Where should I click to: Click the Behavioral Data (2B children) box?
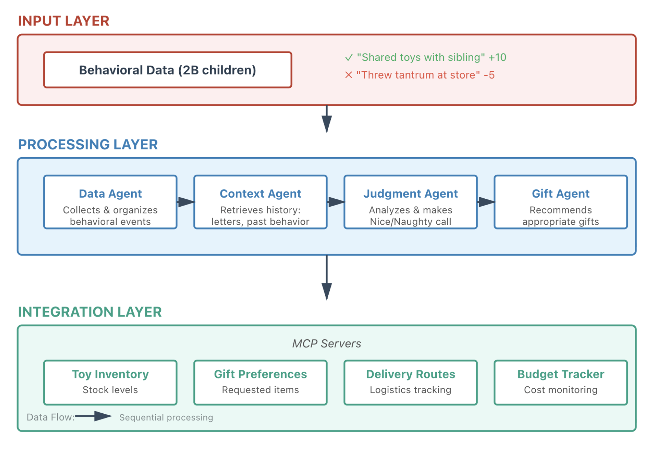168,70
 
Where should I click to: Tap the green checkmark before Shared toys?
349,57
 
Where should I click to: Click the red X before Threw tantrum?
348,75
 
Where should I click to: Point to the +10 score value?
497,57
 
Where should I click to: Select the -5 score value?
489,75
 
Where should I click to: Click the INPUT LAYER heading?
64,21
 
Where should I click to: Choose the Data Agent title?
110,194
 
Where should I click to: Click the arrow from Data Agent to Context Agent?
186,202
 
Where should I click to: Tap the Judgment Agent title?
411,194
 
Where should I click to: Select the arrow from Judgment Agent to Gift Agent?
486,202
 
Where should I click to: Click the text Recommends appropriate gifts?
560,216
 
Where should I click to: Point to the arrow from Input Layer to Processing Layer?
327,119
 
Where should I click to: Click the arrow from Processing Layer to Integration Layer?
327,278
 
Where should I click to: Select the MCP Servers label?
327,343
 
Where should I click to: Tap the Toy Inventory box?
110,382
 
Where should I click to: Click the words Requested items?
260,390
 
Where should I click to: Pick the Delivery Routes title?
411,374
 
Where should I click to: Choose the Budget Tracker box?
560,382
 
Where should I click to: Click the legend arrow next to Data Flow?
94,416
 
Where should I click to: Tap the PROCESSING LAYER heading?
88,145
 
